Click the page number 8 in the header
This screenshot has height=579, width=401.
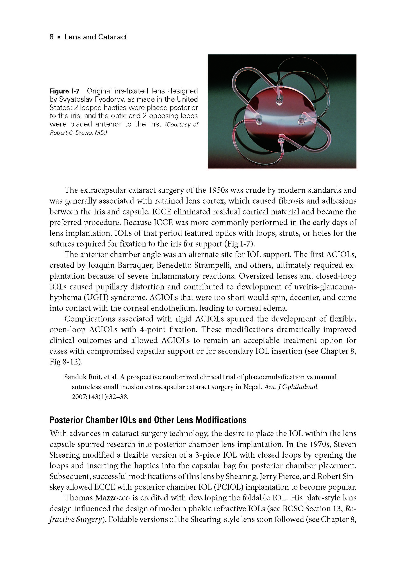pos(51,37)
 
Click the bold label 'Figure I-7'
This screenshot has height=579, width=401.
pos(64,91)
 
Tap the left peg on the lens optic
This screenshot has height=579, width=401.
pos(259,122)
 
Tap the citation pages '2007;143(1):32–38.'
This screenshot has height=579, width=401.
pos(100,397)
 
